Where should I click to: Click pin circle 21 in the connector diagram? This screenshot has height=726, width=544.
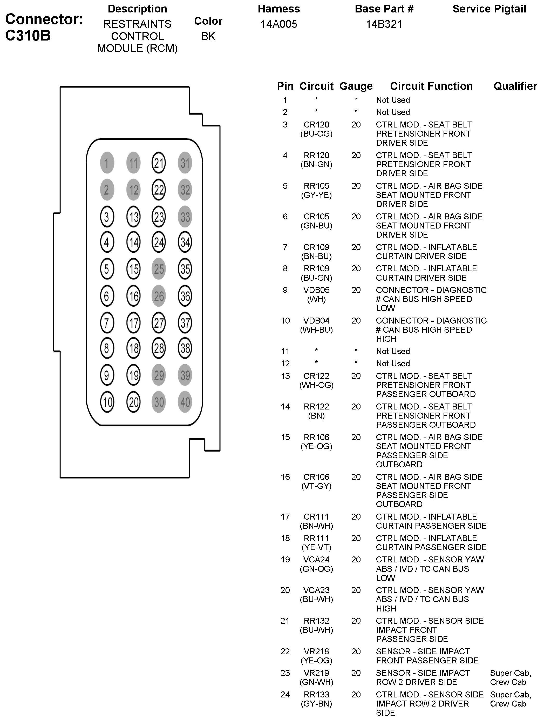(x=159, y=163)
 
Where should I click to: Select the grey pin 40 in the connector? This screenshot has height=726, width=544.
(x=185, y=402)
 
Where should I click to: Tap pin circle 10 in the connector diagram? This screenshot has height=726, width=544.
(x=107, y=402)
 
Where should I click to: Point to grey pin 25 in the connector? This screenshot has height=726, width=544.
(x=159, y=269)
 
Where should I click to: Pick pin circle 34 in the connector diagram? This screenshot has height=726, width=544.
(x=185, y=242)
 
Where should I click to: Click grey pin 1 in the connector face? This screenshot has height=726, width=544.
(x=107, y=163)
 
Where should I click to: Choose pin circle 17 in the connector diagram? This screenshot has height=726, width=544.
(x=133, y=323)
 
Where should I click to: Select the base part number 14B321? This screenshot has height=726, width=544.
(x=384, y=24)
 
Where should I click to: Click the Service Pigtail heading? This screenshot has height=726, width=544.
(x=489, y=9)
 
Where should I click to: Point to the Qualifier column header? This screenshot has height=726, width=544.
(x=515, y=86)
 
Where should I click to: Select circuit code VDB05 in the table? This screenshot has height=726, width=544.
(x=316, y=290)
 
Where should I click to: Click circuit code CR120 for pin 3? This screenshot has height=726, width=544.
(x=316, y=124)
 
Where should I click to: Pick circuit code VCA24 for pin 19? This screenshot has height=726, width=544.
(x=316, y=559)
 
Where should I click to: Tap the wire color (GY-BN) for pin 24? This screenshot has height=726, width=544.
(x=316, y=703)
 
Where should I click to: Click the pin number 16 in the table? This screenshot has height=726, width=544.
(x=285, y=477)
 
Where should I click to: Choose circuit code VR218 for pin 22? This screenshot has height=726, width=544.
(x=316, y=651)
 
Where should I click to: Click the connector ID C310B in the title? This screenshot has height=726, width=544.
(x=28, y=36)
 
